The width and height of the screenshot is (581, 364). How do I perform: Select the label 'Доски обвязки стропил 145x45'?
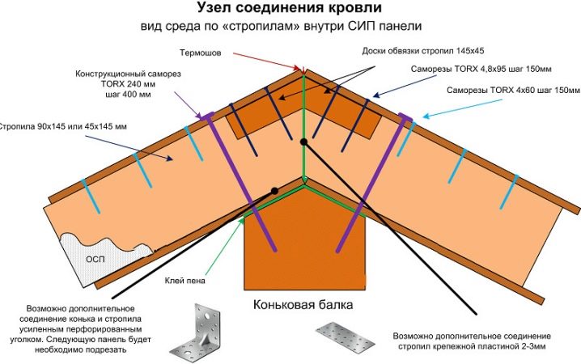pyautogui.click(x=423, y=49)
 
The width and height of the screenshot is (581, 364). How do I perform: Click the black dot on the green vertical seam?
pyautogui.click(x=303, y=141)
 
